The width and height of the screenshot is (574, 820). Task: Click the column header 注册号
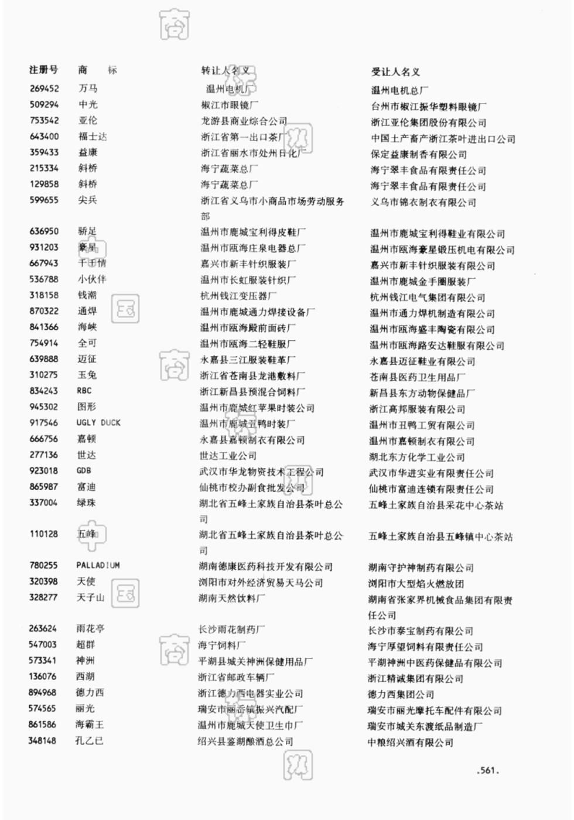tap(44, 70)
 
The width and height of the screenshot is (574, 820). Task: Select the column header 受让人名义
tap(395, 71)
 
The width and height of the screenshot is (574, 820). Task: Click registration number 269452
tap(45, 88)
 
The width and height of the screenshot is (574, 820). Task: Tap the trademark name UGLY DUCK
tap(98, 423)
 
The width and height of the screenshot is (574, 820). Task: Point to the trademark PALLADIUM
tap(98, 566)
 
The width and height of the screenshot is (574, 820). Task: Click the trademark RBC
tap(84, 391)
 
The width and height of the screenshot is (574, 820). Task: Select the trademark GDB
tap(84, 471)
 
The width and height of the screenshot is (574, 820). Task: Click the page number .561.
tap(488, 771)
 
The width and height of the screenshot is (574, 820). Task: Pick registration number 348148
tap(43, 741)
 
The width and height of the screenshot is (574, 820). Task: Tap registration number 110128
tap(44, 534)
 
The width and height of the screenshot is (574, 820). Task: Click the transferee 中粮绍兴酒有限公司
tap(411, 743)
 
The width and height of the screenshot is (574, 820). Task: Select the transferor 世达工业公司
tap(228, 456)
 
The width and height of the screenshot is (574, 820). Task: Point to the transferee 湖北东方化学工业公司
tap(416, 457)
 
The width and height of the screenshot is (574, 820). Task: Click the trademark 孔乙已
tap(89, 741)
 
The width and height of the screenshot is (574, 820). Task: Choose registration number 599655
tap(44, 200)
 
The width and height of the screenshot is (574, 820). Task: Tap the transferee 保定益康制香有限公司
tap(418, 155)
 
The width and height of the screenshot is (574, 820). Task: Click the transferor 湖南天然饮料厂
tap(231, 598)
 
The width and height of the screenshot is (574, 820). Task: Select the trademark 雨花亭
tap(91, 629)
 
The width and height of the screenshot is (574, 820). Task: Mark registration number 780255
tap(43, 566)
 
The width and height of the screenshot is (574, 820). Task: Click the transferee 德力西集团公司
tap(401, 695)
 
